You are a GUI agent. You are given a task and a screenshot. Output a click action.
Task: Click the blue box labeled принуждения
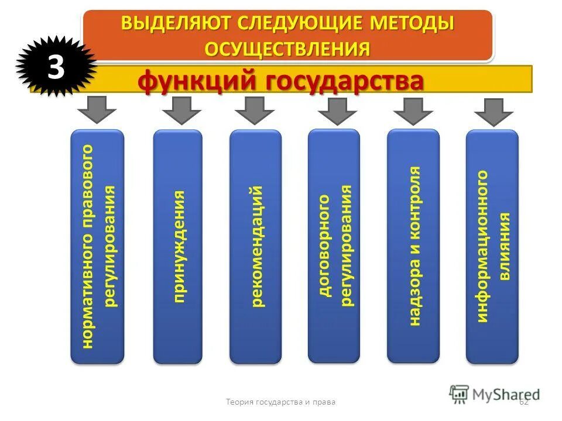[x=177, y=246]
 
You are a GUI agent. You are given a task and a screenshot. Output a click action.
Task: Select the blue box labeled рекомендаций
[x=255, y=246]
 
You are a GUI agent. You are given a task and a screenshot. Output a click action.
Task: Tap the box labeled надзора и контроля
[x=413, y=246]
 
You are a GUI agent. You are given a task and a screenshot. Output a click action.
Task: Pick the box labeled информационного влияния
[x=492, y=246]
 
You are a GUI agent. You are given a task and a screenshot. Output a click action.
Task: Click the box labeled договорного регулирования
[x=334, y=246]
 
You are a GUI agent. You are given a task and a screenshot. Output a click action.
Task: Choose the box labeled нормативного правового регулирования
[x=97, y=246]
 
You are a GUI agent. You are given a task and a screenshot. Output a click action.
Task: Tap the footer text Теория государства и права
[x=280, y=402]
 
